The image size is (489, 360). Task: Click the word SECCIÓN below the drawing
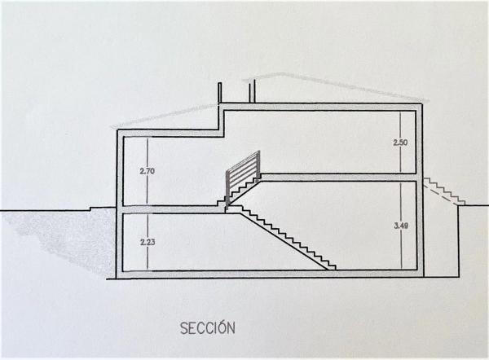point(207,328)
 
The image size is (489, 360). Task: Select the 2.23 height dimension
point(147,242)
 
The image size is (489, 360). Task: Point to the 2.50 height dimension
point(399,143)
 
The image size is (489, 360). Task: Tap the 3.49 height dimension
point(399,226)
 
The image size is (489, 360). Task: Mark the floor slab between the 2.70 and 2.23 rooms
point(171,210)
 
